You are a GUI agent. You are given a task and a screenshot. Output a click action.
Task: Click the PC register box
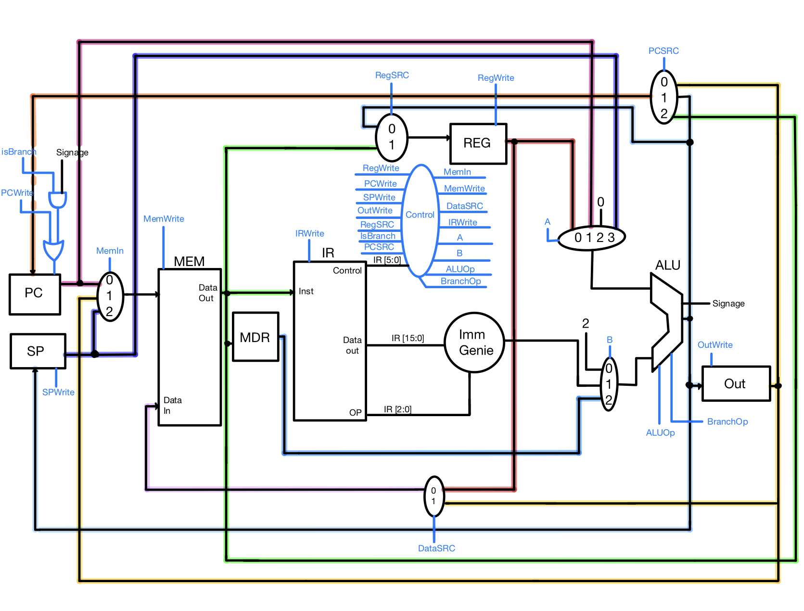[35, 294]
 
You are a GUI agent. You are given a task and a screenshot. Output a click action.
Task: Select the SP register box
[38, 351]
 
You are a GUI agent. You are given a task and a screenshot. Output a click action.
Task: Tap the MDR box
[255, 337]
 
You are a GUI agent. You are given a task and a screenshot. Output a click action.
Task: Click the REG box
[478, 143]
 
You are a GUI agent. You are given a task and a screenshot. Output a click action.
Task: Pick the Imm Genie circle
[475, 343]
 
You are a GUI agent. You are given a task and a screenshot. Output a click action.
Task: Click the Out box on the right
[736, 383]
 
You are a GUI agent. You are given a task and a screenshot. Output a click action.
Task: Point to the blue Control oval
[420, 220]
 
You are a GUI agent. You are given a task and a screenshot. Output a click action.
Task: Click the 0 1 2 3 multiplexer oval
[591, 238]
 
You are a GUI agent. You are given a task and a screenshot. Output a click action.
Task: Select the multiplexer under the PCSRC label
[664, 98]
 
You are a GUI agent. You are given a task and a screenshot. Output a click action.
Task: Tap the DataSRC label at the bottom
[436, 548]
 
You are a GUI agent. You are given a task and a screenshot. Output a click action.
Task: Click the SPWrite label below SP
[58, 392]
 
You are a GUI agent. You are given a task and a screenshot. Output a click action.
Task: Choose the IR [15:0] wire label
[408, 338]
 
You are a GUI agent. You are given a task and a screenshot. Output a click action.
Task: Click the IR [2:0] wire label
[397, 409]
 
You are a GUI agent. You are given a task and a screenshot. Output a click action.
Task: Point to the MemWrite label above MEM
[164, 219]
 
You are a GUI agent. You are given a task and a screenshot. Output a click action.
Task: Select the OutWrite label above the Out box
[715, 345]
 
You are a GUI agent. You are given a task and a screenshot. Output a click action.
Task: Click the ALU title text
[667, 266]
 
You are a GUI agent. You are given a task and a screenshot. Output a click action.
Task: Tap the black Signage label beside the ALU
[728, 304]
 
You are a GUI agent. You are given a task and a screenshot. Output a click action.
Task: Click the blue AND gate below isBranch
[57, 200]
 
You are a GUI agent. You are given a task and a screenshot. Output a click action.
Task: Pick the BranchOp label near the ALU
[727, 422]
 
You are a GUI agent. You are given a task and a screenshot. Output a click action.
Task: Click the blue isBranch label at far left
[19, 152]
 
